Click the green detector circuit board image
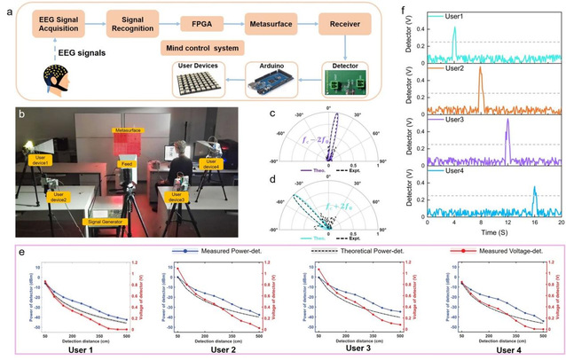pyautogui.click(x=342, y=83)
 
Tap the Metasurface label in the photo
pyautogui.click(x=130, y=130)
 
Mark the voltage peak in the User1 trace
pyautogui.click(x=453, y=28)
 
